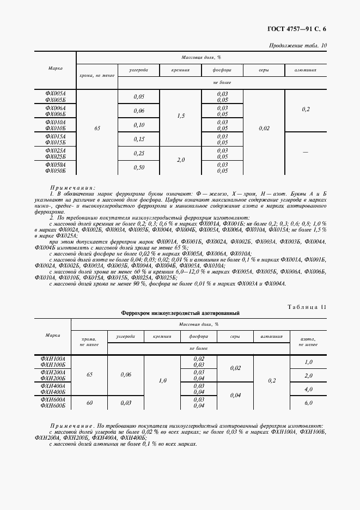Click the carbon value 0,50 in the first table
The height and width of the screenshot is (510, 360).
139,167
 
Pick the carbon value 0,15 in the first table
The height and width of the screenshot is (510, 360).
139,139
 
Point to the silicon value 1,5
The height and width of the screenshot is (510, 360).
181,116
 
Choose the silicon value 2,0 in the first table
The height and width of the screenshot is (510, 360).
181,160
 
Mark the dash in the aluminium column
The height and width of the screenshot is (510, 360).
306,153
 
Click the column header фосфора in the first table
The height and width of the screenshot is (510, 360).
222,70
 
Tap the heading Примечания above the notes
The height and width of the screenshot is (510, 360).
72,186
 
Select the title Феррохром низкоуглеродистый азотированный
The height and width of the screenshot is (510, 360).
180,313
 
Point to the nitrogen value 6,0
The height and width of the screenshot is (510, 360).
308,403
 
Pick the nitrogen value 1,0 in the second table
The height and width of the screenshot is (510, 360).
308,362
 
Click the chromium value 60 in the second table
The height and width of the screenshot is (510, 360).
89,403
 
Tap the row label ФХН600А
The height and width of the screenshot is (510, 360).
53,399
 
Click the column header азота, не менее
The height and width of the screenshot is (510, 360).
308,341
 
